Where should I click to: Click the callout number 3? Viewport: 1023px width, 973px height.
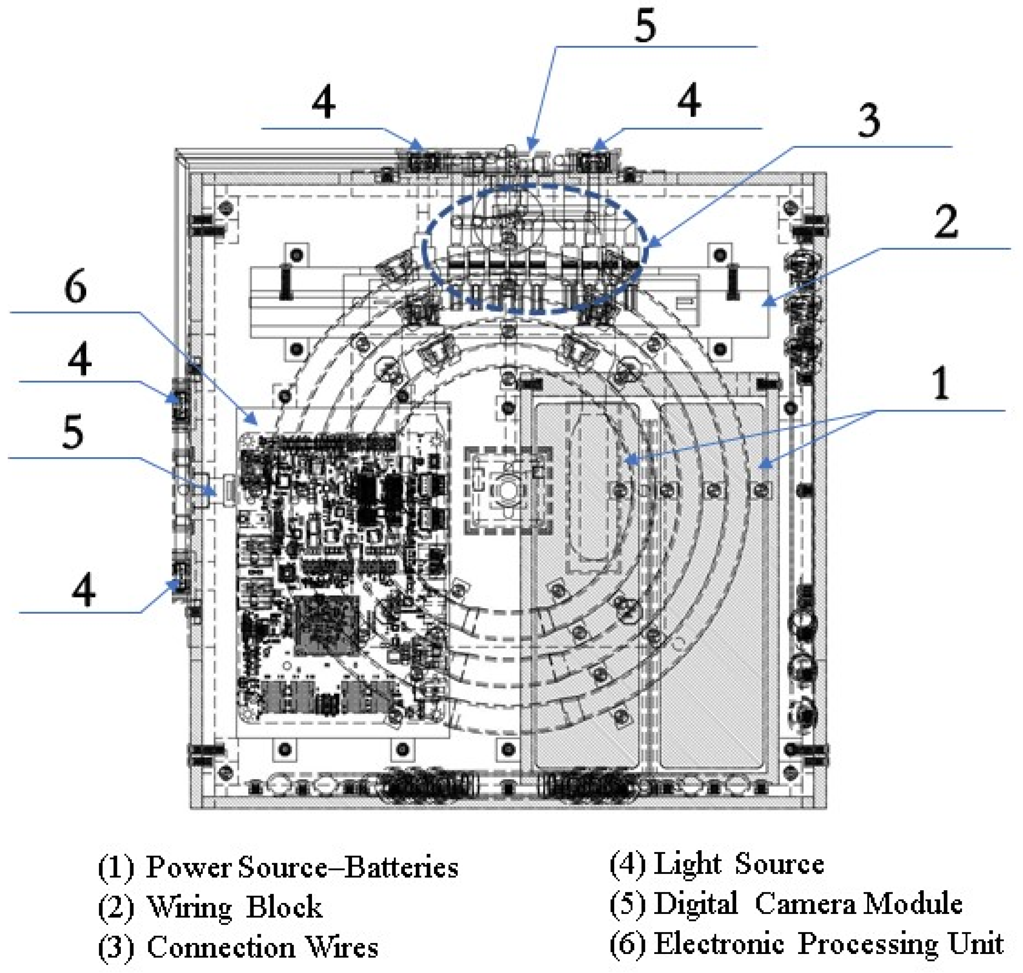(x=868, y=120)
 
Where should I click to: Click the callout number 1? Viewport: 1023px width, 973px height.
(x=940, y=382)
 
